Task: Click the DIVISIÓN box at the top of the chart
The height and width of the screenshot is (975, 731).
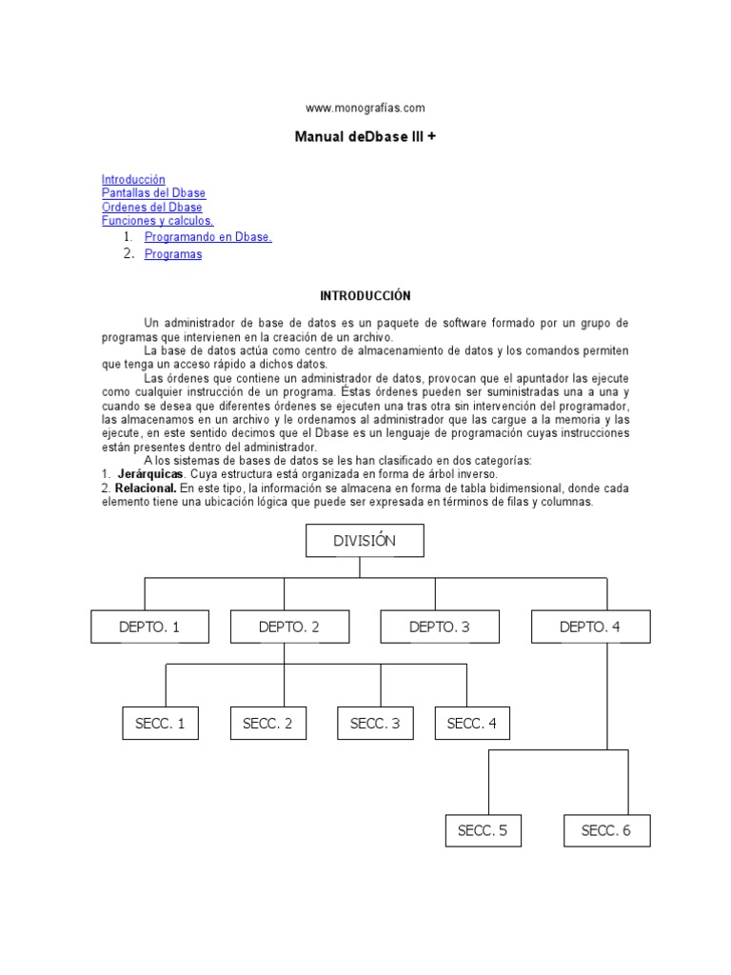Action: click(x=365, y=541)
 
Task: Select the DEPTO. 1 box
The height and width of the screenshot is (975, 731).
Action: click(x=149, y=627)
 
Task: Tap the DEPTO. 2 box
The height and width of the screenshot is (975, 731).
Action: click(x=288, y=627)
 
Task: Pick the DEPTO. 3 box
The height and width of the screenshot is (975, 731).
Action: click(x=439, y=627)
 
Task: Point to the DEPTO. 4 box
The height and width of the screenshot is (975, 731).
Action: click(x=590, y=627)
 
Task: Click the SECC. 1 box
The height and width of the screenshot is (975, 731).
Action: click(x=160, y=724)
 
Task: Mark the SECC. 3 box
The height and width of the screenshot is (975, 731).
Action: click(x=375, y=724)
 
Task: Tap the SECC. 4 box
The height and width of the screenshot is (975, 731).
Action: click(x=472, y=724)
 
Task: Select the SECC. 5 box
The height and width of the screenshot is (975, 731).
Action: click(x=483, y=830)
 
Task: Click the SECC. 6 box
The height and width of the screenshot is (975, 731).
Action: click(x=606, y=830)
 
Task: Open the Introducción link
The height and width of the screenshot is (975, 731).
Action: click(x=133, y=179)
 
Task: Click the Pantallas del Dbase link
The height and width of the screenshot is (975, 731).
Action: click(x=153, y=193)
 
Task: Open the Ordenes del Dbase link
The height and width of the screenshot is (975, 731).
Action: click(x=151, y=207)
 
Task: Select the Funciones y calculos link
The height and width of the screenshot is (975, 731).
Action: click(x=157, y=221)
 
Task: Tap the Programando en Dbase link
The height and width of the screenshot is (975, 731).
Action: click(x=207, y=237)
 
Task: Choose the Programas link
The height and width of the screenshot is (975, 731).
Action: click(x=173, y=254)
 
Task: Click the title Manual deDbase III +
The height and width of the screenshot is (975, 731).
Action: click(x=365, y=137)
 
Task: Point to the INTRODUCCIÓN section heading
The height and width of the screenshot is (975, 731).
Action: click(x=365, y=296)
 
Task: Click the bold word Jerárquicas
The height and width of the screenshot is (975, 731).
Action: click(x=150, y=474)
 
